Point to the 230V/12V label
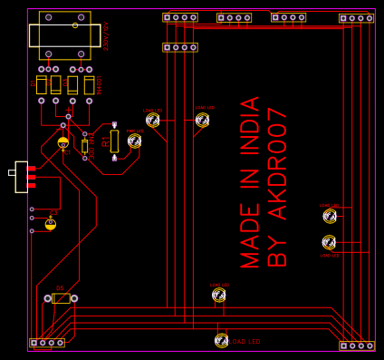pos(106,35)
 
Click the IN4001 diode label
pos(100,85)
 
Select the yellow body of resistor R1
pos(114,141)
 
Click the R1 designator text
pos(106,141)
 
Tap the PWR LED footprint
pos(134,141)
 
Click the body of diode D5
pos(61,298)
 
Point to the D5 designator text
pos(60,288)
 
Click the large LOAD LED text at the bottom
pos(245,342)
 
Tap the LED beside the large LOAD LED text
pos(221,340)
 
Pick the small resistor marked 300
pos(84,145)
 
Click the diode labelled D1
pos(42,85)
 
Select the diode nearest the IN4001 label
pos(89,85)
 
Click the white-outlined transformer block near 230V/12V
pos(65,35)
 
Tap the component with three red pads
pos(23,177)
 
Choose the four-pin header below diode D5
pos(47,343)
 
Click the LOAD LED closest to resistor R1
pos(152,120)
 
